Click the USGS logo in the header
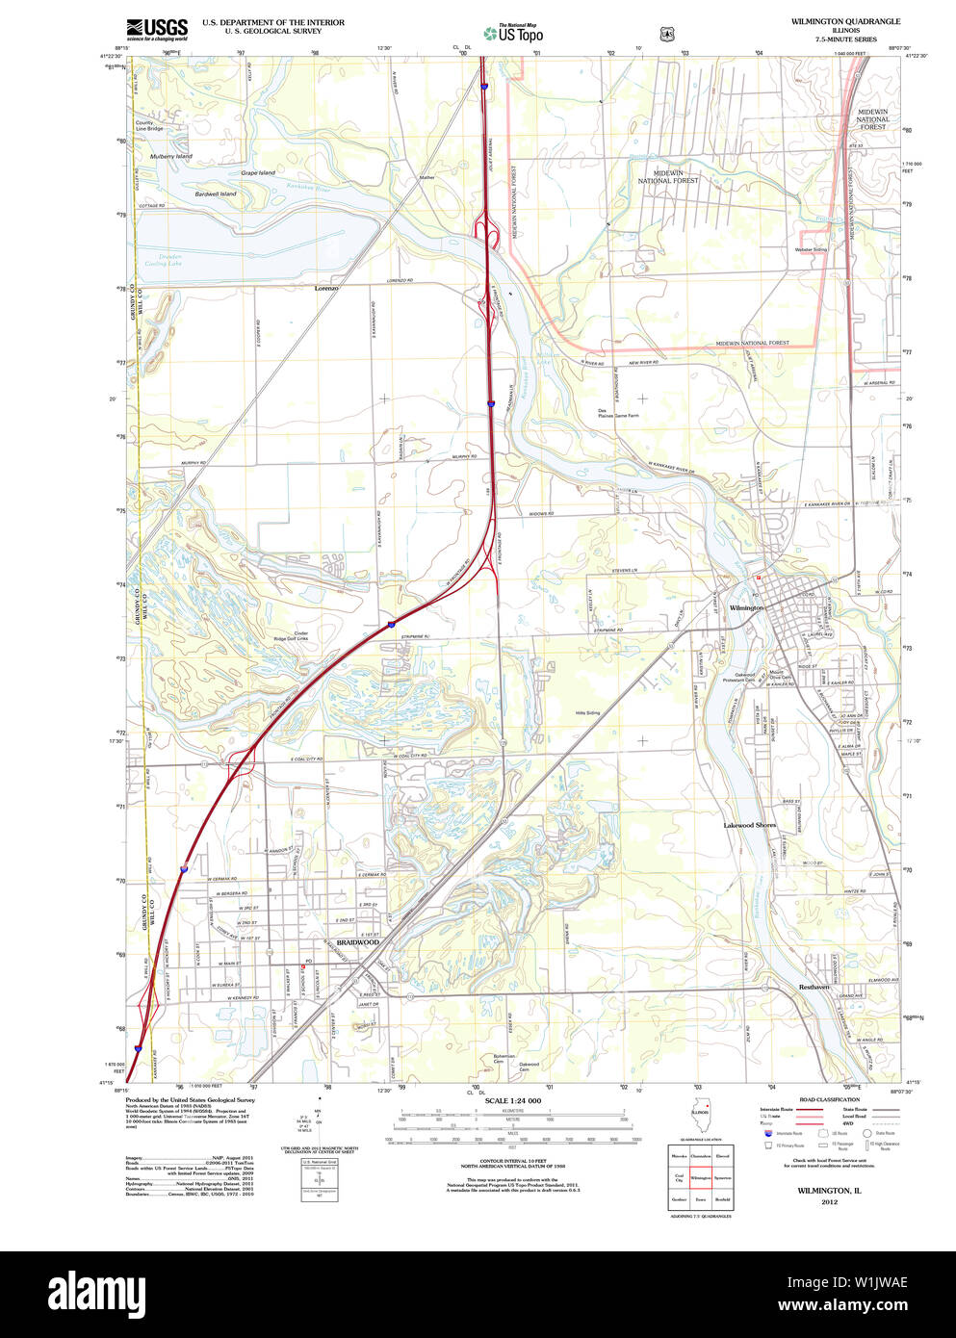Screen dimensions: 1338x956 [157, 29]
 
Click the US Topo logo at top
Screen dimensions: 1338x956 [514, 33]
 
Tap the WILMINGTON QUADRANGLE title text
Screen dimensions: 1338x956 [845, 21]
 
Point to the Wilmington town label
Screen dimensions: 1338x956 [746, 608]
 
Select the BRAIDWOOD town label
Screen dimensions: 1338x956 [358, 942]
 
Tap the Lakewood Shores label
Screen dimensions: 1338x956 [750, 825]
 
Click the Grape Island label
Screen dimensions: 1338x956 [258, 173]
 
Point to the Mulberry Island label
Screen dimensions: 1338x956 [170, 156]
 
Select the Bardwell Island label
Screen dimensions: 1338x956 [215, 193]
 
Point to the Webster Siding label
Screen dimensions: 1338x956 [811, 249]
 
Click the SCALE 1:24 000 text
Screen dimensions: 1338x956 [512, 1101]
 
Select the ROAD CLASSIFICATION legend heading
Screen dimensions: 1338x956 [829, 1099]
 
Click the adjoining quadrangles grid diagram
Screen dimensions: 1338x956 [700, 1177]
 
